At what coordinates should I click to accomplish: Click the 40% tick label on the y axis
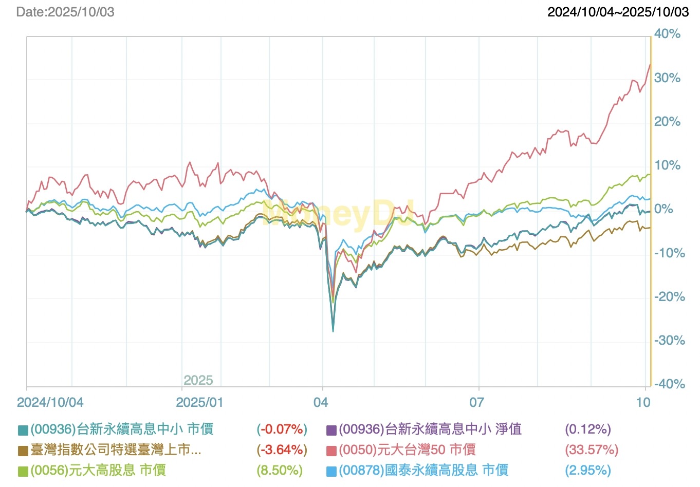click(x=667, y=34)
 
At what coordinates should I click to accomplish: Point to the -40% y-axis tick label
click(x=669, y=384)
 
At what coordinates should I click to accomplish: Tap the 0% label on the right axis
click(x=664, y=209)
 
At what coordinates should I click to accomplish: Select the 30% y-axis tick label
click(x=667, y=78)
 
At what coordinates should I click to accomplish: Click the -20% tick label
click(x=669, y=297)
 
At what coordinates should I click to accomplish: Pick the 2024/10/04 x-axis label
click(x=50, y=402)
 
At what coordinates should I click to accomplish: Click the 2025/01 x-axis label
click(x=199, y=402)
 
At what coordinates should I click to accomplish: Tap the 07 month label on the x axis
click(x=476, y=402)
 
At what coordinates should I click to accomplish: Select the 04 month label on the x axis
click(x=321, y=402)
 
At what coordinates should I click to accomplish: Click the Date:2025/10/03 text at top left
click(x=65, y=12)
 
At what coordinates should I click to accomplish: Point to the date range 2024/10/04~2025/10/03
click(x=618, y=12)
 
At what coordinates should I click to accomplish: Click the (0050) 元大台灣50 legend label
click(x=407, y=450)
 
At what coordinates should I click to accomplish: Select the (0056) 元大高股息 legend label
click(x=98, y=471)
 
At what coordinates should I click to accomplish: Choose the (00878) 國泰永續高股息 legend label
click(x=423, y=471)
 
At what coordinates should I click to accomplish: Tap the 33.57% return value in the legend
click(x=592, y=450)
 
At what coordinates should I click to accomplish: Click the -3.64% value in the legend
click(x=282, y=450)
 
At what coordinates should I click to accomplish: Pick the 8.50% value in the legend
click(x=280, y=471)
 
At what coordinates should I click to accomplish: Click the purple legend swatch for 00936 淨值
click(x=331, y=430)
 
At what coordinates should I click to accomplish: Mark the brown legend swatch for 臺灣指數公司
click(x=23, y=451)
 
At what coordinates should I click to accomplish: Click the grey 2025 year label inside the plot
click(x=198, y=380)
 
